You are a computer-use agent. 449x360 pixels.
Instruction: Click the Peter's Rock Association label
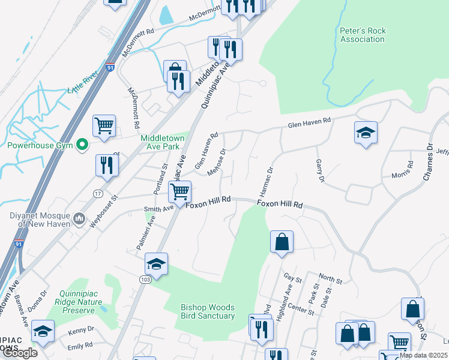point(362,35)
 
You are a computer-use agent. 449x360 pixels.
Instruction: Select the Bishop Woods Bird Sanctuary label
point(208,311)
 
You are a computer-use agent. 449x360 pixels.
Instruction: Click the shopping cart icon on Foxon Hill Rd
point(179,192)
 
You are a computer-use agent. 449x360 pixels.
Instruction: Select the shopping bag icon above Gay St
point(282,242)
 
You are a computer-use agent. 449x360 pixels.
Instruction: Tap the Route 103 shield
point(146,280)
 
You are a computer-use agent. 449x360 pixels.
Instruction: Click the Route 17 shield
point(98,193)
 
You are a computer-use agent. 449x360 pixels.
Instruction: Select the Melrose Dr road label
point(216,163)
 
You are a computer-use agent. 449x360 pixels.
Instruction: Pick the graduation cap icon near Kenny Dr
point(43,332)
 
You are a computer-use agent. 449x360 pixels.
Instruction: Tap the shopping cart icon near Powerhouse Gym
point(104,126)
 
